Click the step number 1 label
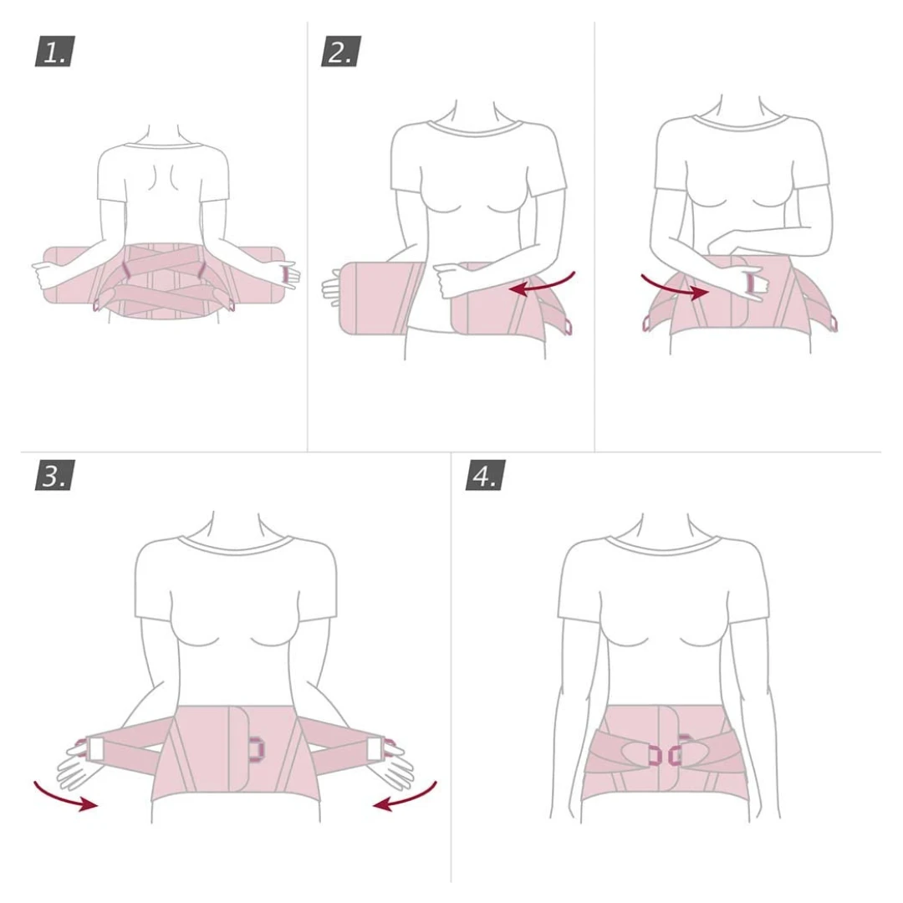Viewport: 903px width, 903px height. (x=54, y=51)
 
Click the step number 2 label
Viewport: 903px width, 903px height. (x=341, y=51)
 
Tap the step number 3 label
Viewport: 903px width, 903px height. (x=54, y=475)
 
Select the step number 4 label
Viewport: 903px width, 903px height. (x=486, y=475)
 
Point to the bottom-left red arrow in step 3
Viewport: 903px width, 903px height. (x=64, y=798)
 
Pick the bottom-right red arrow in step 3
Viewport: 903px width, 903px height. (x=406, y=798)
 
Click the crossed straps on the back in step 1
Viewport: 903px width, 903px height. (x=164, y=280)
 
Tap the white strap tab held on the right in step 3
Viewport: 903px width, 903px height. (x=375, y=747)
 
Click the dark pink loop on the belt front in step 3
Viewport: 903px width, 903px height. (x=257, y=748)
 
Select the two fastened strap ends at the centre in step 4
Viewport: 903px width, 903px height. (x=666, y=754)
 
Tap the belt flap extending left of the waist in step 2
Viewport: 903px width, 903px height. (x=377, y=298)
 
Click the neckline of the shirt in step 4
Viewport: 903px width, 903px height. (x=663, y=543)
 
